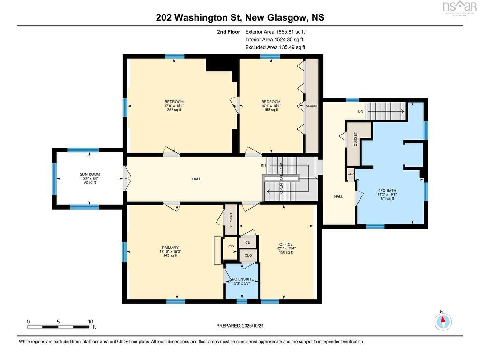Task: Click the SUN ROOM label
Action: point(90,174)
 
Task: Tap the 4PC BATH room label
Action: point(387,190)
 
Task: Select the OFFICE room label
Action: point(286,244)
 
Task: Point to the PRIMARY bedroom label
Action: point(170,247)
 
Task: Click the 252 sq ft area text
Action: point(174,110)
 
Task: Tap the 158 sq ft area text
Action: point(271,110)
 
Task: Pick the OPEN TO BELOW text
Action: point(281,178)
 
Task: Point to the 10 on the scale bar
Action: point(90,322)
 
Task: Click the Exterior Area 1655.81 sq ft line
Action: point(275,32)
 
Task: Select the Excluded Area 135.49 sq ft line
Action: point(275,47)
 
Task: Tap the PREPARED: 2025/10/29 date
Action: point(240,326)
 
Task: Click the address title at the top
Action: point(240,17)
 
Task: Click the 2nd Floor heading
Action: point(229,32)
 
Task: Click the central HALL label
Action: point(196,179)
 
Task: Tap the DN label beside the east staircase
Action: point(360,111)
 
